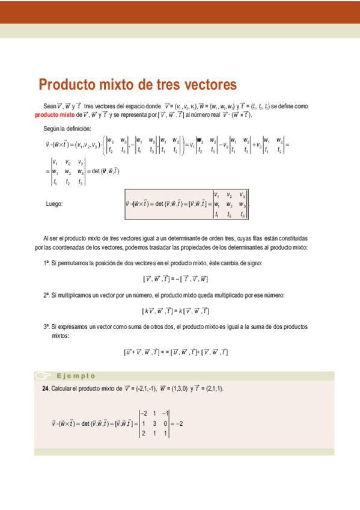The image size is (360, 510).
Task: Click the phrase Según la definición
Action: (67, 128)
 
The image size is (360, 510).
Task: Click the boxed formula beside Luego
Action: (186, 204)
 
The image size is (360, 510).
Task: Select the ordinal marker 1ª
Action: (46, 263)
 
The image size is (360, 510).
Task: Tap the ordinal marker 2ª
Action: (46, 295)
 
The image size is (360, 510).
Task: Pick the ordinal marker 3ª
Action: (46, 327)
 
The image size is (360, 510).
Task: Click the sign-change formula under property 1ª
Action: (175, 278)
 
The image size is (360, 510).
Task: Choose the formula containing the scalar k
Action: (175, 311)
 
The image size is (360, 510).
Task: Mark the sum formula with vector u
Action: (175, 352)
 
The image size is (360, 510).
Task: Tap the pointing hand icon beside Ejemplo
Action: (43, 376)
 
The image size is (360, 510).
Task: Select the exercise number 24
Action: (45, 389)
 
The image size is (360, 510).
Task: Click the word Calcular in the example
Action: (62, 389)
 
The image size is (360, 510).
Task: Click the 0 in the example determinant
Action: (165, 423)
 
